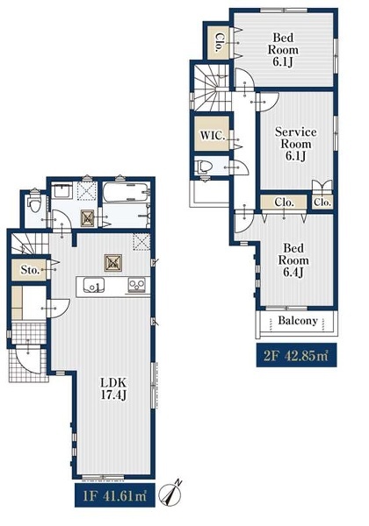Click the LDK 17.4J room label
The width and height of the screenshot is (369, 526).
point(113,388)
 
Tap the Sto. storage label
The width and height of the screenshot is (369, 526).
point(30,270)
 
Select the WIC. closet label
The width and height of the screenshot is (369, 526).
point(213,136)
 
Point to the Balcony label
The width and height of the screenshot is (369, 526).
point(298,321)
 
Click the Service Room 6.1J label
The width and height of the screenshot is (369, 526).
point(296,144)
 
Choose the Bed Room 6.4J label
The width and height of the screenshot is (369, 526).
point(293,260)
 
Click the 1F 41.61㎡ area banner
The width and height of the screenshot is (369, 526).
point(114,495)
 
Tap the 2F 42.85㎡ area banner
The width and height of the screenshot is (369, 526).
point(296,355)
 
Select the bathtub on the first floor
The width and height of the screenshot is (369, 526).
point(127,192)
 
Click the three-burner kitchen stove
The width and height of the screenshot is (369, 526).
point(137,286)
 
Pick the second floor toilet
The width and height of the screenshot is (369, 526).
point(205,166)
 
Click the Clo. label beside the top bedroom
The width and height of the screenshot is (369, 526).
point(218,43)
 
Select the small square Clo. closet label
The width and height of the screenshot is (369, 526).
point(322,203)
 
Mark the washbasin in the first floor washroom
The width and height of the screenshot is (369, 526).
point(62,190)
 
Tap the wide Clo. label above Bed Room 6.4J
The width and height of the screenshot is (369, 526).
point(284,203)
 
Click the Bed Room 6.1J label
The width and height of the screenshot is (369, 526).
point(283,50)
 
